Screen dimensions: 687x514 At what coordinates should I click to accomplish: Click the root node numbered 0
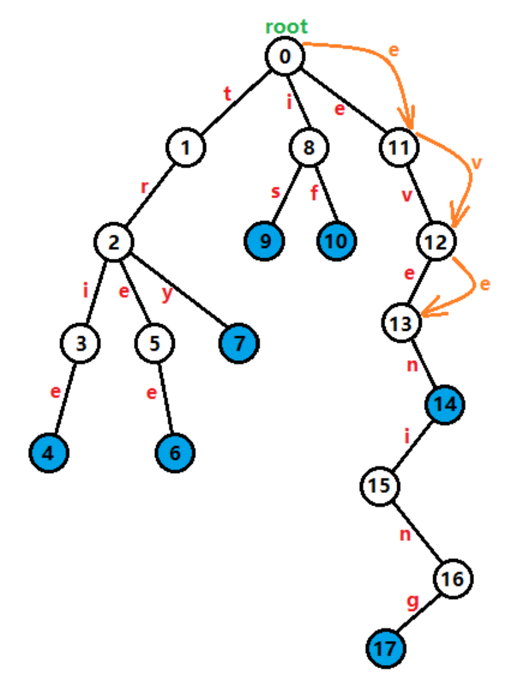[x=285, y=55]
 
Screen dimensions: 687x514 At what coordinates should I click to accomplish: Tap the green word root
[x=286, y=27]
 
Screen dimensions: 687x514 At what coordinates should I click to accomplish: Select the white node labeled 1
[x=186, y=147]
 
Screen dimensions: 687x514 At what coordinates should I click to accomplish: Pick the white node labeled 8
[x=308, y=147]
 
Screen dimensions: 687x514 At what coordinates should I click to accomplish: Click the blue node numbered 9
[x=265, y=241]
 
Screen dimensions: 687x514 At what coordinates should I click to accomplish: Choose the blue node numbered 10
[x=336, y=241]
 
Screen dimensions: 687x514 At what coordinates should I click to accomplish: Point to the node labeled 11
[x=399, y=147]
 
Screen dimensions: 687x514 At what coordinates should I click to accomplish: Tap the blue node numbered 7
[x=239, y=343]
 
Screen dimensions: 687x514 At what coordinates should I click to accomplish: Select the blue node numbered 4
[x=49, y=453]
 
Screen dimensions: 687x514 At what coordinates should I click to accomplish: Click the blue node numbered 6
[x=175, y=453]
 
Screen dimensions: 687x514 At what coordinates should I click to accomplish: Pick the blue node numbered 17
[x=387, y=647]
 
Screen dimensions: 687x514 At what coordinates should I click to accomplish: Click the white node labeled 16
[x=453, y=579]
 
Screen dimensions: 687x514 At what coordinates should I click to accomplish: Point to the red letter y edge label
[x=167, y=294]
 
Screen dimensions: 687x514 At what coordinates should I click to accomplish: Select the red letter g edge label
[x=412, y=604]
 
